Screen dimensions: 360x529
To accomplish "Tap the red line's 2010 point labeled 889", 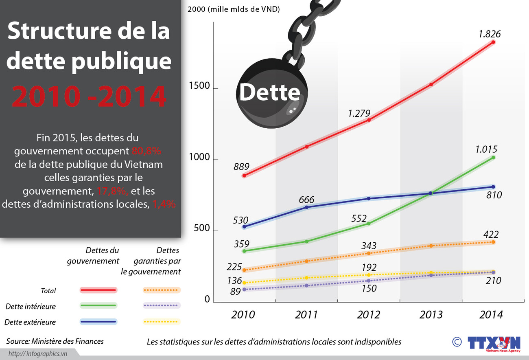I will pos(244,176).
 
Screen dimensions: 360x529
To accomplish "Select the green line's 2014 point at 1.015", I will pos(493,158).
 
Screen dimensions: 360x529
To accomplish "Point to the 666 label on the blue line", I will pos(306,200).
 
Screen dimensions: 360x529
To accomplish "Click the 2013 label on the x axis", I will pos(431,315).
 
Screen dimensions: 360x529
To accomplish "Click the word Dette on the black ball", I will pos(269,92).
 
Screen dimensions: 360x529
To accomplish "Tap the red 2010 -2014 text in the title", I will pos(89,96).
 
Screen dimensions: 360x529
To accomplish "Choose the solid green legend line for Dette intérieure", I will pos(98,305).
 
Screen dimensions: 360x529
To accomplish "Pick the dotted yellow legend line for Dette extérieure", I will pos(161,322).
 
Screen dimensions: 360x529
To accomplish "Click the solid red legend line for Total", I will pos(98,290).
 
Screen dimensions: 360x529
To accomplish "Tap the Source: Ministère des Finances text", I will pos(55,341).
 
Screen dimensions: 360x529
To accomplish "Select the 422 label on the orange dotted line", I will pos(491,235).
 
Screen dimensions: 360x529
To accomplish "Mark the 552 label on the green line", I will pos(359,218).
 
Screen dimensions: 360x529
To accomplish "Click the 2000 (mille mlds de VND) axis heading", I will pos(233,9).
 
